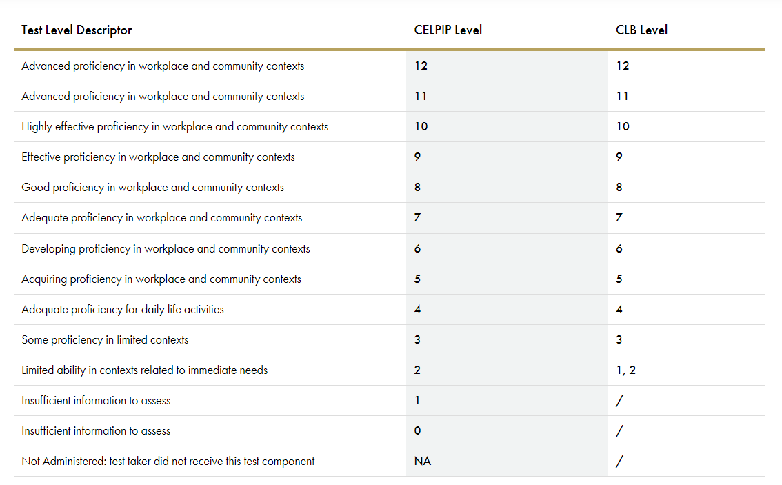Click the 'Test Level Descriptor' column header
[77, 30]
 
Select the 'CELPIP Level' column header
[448, 30]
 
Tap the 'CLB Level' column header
[641, 30]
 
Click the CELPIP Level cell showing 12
[421, 66]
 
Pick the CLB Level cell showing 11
[623, 97]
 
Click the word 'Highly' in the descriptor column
[37, 127]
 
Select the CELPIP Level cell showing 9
[417, 157]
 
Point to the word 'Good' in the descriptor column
[35, 187]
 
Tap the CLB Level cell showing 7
[619, 217]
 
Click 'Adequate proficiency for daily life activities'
[123, 309]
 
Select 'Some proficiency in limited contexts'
[105, 340]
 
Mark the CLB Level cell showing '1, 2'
[626, 370]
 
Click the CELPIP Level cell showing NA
[423, 461]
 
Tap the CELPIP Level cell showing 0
[417, 430]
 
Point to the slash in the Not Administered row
[619, 462]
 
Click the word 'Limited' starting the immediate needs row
[38, 370]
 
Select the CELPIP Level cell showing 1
[417, 400]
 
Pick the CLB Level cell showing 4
[619, 309]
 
